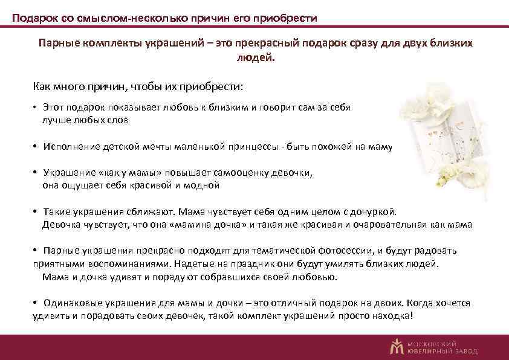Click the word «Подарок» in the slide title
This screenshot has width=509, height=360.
point(35,19)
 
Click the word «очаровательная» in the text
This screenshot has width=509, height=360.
point(392,225)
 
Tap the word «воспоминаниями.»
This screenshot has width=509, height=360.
point(133,264)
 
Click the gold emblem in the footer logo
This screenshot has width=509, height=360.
point(397,346)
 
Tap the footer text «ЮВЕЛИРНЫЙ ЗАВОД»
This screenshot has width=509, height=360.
point(443,351)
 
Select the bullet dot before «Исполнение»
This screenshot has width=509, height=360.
point(36,146)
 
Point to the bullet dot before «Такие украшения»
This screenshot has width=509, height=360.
point(36,212)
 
